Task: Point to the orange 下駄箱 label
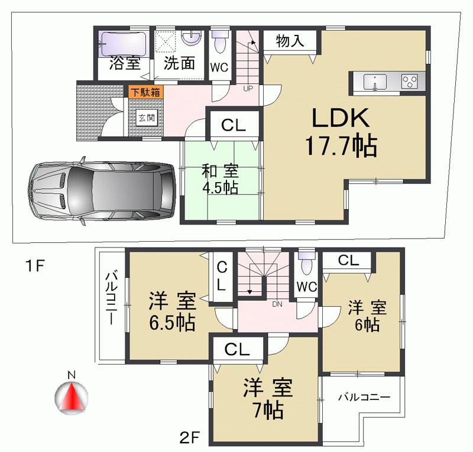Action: click(x=145, y=92)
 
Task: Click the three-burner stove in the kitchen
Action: click(x=410, y=81)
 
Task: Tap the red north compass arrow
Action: click(x=71, y=398)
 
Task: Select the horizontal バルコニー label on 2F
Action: click(x=364, y=397)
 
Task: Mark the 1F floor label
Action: click(x=35, y=266)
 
